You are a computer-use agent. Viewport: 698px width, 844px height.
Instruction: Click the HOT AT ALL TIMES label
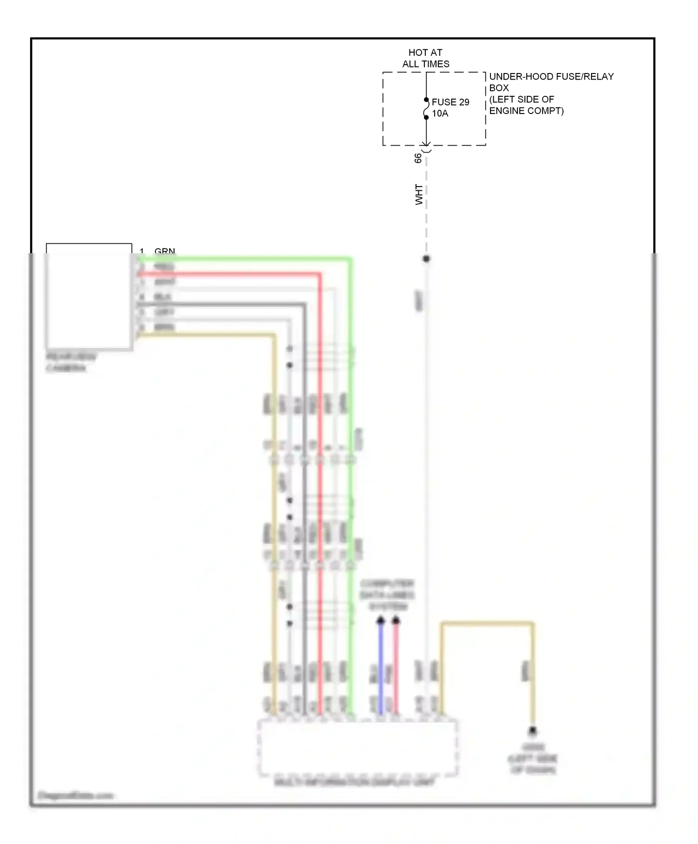click(x=425, y=58)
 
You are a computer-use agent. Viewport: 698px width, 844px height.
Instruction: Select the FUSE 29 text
click(x=450, y=102)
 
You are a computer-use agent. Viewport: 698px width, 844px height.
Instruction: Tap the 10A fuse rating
click(x=440, y=114)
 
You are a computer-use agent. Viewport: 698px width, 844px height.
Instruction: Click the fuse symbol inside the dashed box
click(x=426, y=109)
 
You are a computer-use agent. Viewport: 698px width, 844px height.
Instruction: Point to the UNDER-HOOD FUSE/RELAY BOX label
click(x=551, y=82)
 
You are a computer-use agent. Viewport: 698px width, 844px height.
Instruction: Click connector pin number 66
click(x=418, y=158)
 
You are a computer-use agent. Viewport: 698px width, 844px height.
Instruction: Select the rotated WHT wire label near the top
click(x=419, y=194)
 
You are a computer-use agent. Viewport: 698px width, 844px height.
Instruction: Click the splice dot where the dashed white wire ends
click(x=426, y=259)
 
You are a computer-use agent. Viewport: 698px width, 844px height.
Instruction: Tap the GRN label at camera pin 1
click(x=165, y=251)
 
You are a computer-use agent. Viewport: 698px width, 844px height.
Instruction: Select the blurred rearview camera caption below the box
click(x=71, y=362)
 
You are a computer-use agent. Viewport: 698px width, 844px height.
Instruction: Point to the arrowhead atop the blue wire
click(x=381, y=620)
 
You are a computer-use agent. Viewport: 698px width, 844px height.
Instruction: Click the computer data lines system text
click(x=387, y=595)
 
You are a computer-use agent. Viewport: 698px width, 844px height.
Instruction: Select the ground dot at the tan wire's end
click(x=533, y=731)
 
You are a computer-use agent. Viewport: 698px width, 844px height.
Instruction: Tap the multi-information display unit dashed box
click(x=357, y=747)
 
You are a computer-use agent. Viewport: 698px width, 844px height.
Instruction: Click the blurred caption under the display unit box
click(x=355, y=782)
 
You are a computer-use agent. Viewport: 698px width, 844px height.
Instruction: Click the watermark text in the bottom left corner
click(x=75, y=795)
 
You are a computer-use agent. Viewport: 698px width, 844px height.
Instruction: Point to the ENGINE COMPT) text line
click(x=526, y=111)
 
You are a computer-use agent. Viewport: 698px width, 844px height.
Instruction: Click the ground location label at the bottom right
click(x=533, y=759)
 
